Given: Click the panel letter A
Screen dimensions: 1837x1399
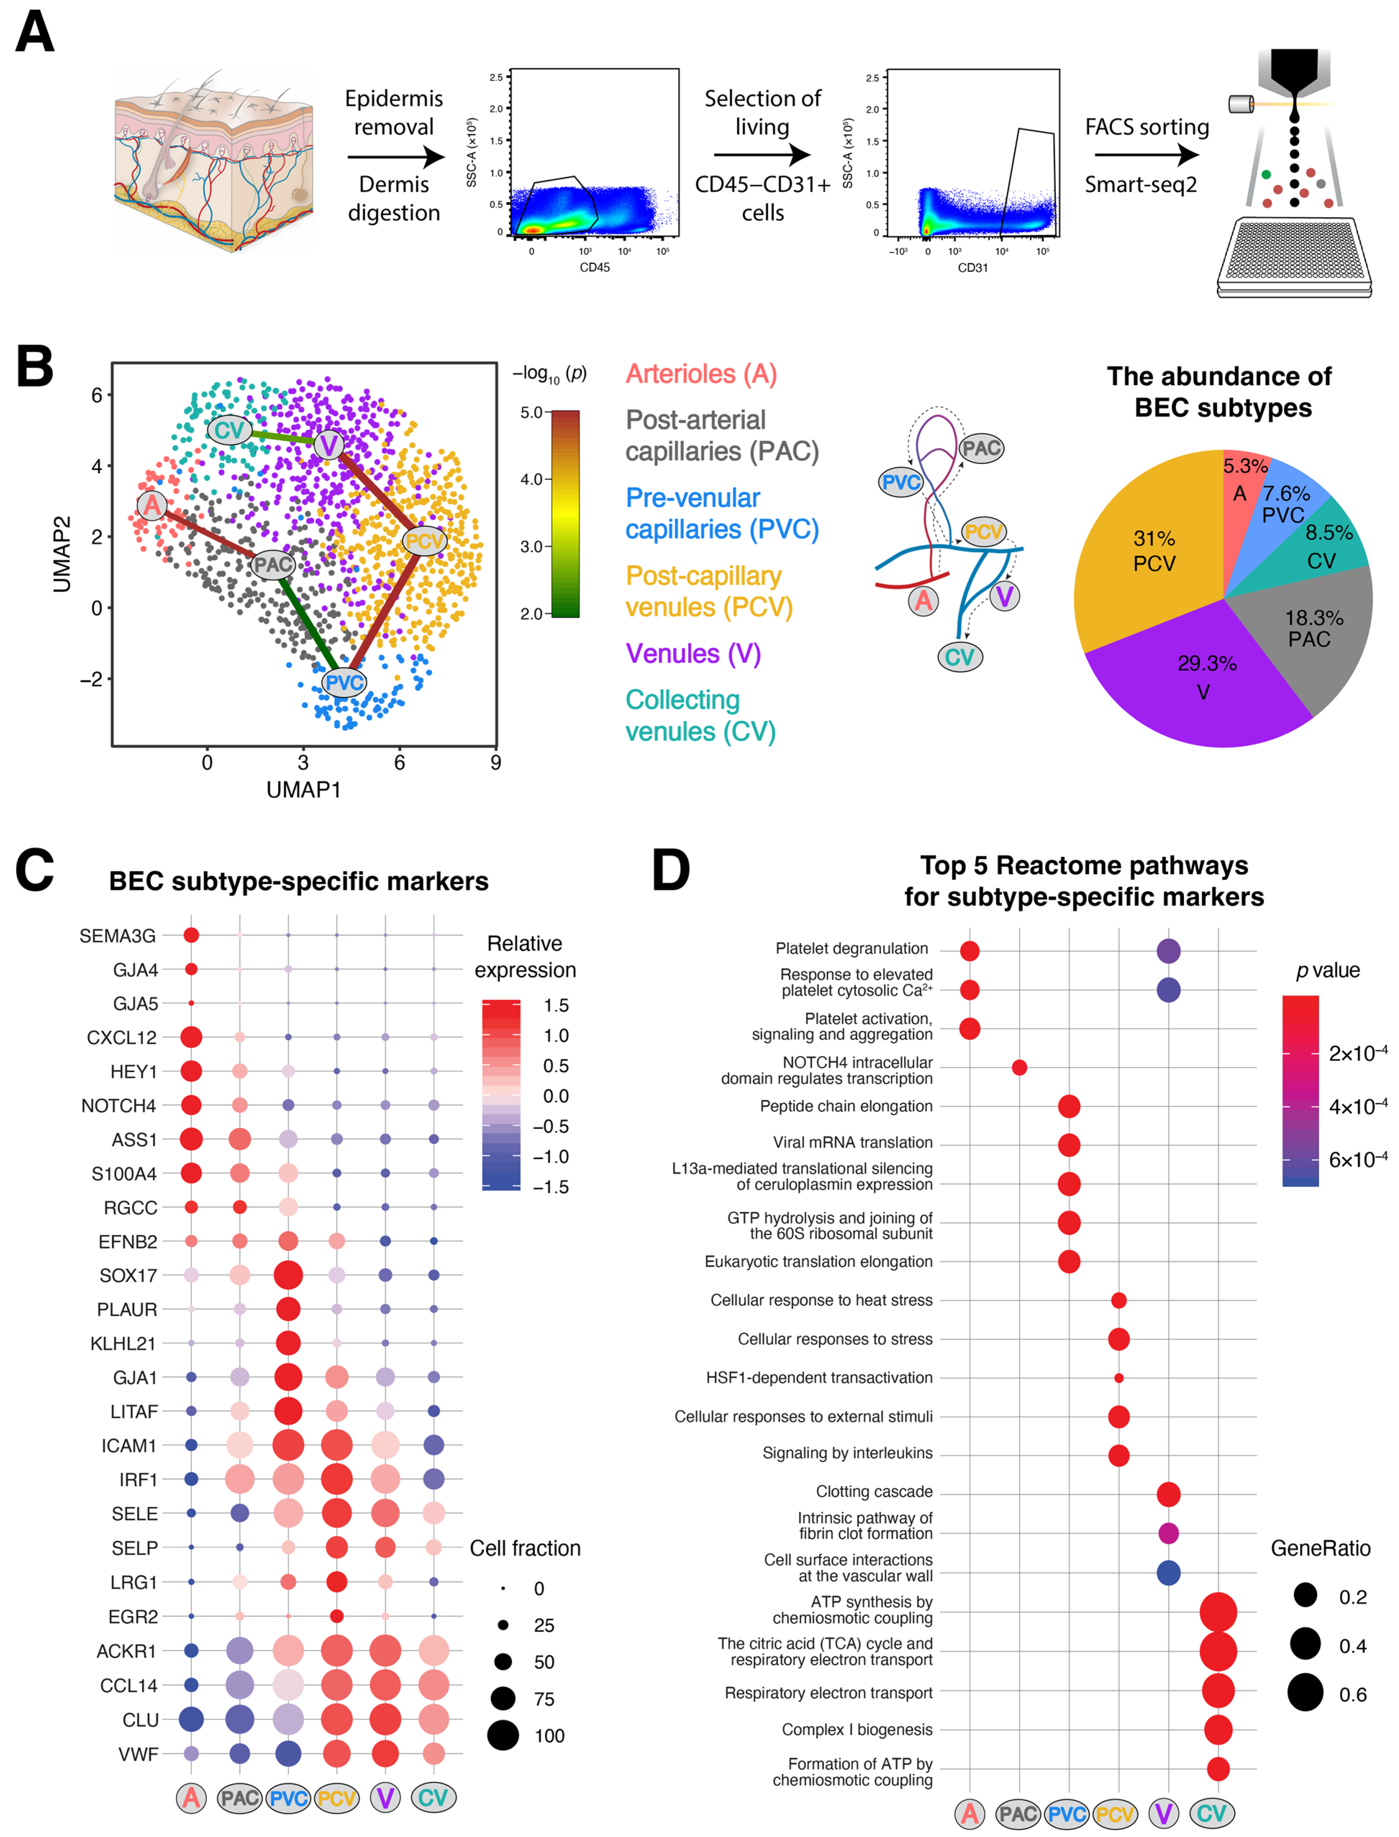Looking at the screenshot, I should pyautogui.click(x=35, y=33).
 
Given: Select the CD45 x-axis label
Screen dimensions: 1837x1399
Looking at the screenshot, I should pyautogui.click(x=594, y=267).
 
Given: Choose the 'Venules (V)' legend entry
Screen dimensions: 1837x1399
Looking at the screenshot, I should pyautogui.click(x=693, y=653).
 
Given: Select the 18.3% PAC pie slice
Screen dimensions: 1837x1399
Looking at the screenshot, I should pyautogui.click(x=1312, y=628).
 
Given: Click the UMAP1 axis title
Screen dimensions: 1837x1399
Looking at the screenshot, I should pyautogui.click(x=303, y=789).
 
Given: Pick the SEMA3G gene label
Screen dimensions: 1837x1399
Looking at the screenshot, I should pyautogui.click(x=117, y=936).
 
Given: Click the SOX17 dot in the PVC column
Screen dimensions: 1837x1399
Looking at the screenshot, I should pyautogui.click(x=288, y=1275).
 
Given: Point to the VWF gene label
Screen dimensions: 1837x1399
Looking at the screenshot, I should pyautogui.click(x=137, y=1754).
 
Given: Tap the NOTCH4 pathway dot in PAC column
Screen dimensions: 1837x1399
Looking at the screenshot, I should pyautogui.click(x=1019, y=1067).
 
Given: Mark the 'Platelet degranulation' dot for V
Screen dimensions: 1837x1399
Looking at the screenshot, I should pyautogui.click(x=1168, y=951).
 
